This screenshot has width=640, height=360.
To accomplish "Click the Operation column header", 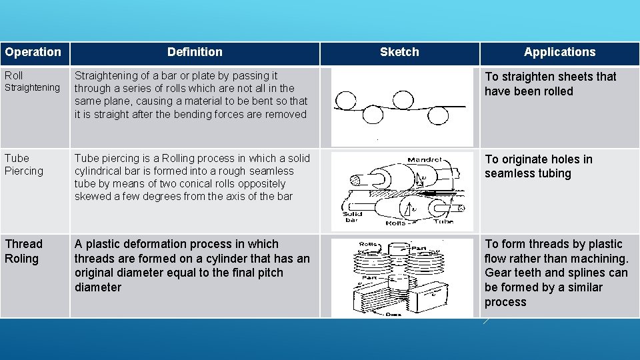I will click(x=33, y=52).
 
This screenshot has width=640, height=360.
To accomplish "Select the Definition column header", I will click(x=195, y=52).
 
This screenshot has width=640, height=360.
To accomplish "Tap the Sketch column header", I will click(x=399, y=52).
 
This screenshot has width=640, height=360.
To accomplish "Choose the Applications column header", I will click(x=559, y=52).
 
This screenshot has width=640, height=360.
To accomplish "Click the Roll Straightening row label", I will click(x=32, y=81).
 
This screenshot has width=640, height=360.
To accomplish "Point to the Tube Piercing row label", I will click(x=24, y=165).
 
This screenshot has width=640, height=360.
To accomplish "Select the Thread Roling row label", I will click(x=23, y=251).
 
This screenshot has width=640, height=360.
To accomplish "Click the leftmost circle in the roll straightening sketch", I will click(x=345, y=101).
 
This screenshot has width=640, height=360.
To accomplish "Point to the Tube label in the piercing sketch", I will click(x=443, y=221).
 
